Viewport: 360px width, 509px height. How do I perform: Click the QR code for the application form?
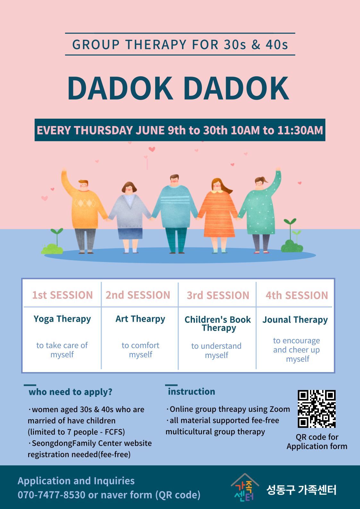(x=317, y=409)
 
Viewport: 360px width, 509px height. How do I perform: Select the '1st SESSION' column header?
(x=63, y=295)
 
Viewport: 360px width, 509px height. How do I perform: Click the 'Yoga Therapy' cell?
(x=62, y=319)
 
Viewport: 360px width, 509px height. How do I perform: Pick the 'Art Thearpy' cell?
(x=140, y=319)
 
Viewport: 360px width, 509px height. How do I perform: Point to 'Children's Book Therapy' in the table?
(x=218, y=324)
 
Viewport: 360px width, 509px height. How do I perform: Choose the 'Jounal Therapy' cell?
(x=295, y=320)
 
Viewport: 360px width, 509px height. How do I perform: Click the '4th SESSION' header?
(x=297, y=295)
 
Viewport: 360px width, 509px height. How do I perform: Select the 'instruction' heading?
(x=191, y=392)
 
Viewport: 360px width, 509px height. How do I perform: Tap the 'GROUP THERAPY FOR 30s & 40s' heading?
(x=180, y=45)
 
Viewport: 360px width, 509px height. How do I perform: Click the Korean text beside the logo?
(x=301, y=490)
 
